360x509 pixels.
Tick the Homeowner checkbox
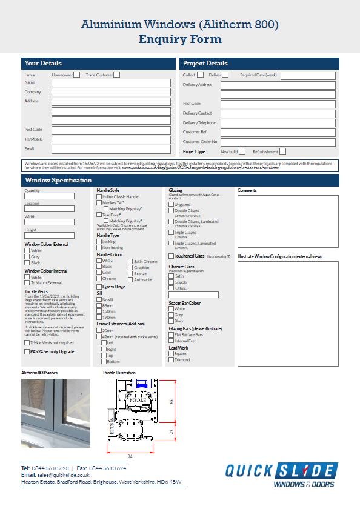point(76,75)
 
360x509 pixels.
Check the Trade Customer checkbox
point(117,75)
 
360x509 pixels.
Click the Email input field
point(111,149)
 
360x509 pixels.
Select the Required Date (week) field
point(307,76)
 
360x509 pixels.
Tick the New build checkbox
point(242,151)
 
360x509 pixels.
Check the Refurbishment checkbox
point(282,151)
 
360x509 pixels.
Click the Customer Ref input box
point(278,132)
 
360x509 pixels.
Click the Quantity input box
point(49,196)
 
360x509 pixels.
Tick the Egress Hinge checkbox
point(99,287)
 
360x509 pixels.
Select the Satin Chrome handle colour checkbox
point(130,262)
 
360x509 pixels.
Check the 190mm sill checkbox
point(99,317)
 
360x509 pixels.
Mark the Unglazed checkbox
point(171,205)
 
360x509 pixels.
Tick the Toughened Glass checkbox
point(171,256)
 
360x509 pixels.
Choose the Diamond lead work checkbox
point(171,360)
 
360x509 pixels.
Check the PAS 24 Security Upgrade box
point(27,351)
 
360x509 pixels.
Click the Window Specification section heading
point(58,181)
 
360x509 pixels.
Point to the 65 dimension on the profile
point(172,401)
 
